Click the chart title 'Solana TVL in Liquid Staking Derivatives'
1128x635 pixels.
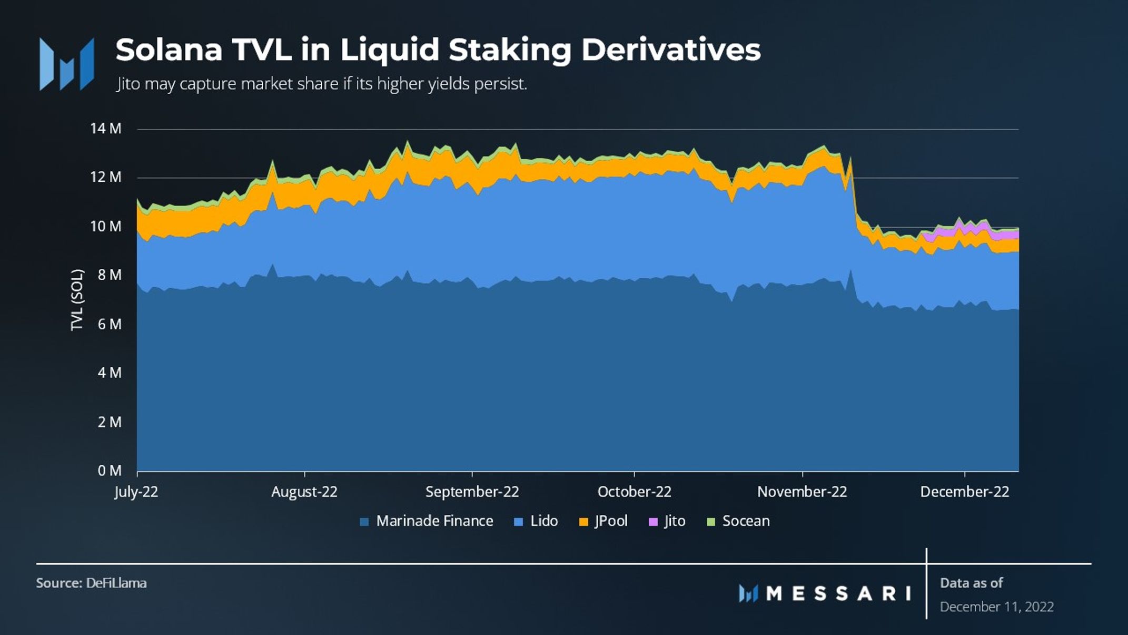point(438,50)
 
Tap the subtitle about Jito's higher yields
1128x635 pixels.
point(321,84)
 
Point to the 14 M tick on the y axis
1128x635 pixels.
point(106,129)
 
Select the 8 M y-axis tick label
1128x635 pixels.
point(109,275)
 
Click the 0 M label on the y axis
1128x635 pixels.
point(109,471)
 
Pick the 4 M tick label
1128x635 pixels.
point(109,373)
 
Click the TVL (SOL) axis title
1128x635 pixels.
point(77,300)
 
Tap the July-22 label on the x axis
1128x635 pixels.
point(136,492)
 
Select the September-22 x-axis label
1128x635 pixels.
point(472,492)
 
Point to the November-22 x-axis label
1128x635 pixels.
point(802,492)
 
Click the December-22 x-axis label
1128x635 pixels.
point(964,492)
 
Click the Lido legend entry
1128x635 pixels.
point(536,521)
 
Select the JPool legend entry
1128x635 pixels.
point(603,521)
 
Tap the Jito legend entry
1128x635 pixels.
point(667,521)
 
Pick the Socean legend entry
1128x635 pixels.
point(738,521)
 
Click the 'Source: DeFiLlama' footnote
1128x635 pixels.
point(91,583)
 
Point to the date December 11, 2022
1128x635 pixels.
point(996,607)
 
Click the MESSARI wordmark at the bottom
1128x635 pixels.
point(825,593)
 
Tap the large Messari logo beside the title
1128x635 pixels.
point(67,64)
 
